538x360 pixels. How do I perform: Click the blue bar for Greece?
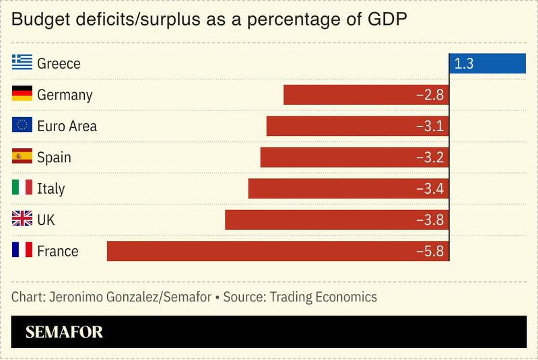coord(487,64)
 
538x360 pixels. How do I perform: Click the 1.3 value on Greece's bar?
coord(464,64)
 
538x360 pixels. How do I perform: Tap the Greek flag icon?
coord(22,64)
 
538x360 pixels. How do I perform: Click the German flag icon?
coord(22,95)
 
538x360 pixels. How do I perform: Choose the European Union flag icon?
coord(22,126)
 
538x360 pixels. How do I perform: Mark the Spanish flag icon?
coord(22,157)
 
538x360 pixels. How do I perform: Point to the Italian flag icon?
coord(22,188)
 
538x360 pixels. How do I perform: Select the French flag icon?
coord(22,251)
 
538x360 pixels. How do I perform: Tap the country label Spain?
coord(54,157)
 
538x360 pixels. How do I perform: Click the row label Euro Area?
coord(67,126)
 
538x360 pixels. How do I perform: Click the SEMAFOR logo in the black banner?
coord(64,332)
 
